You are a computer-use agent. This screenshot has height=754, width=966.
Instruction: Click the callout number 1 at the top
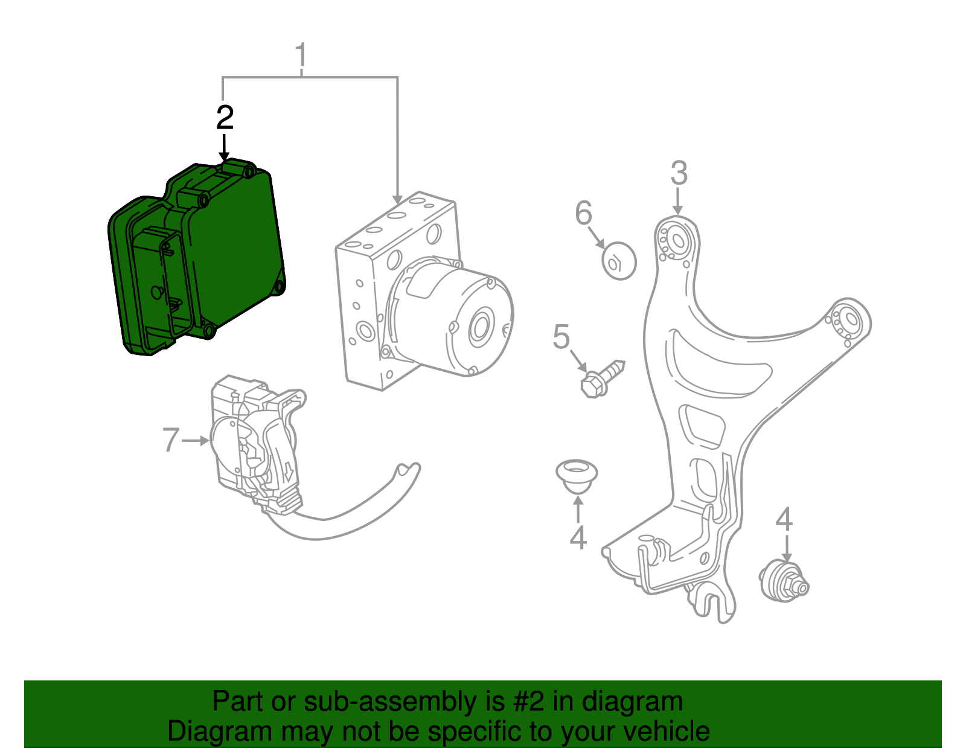301,56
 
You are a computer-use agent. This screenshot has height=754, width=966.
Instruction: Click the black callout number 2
225,117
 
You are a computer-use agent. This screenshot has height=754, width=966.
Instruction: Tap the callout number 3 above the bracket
679,173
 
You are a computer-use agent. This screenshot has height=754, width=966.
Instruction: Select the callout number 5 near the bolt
561,337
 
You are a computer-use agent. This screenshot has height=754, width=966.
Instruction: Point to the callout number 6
583,213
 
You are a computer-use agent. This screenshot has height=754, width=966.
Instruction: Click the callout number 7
171,440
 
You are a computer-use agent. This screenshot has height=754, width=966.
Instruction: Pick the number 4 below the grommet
578,537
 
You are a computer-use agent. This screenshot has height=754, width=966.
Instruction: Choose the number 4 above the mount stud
784,519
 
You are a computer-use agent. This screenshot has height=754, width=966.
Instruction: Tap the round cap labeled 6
619,261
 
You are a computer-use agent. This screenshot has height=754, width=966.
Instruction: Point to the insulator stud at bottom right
784,582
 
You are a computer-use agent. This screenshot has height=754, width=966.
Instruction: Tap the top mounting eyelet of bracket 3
676,240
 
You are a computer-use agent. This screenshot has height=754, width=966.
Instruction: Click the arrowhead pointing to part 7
205,441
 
